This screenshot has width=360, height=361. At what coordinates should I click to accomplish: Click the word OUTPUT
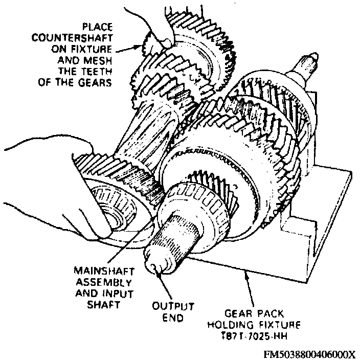coord(174,306)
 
